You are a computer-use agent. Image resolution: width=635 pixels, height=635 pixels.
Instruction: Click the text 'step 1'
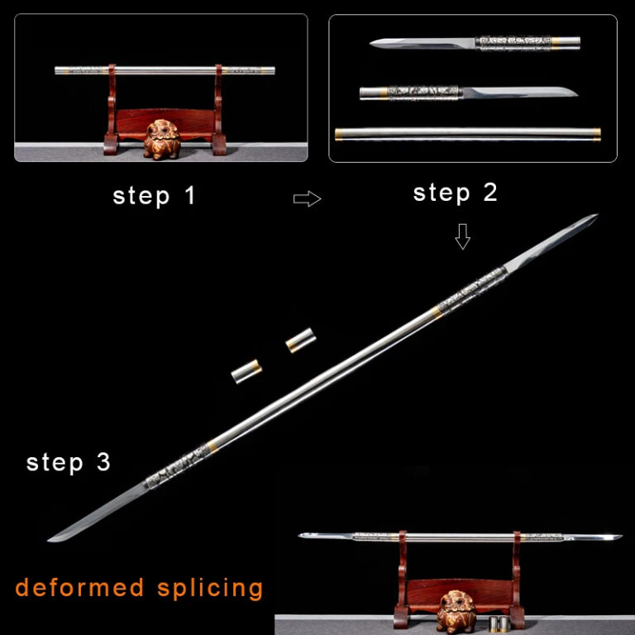(x=154, y=197)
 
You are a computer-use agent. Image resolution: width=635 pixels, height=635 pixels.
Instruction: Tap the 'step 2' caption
(x=455, y=193)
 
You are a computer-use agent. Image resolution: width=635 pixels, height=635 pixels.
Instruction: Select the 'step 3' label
(x=68, y=462)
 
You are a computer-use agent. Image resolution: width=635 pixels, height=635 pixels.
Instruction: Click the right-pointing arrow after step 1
(x=307, y=198)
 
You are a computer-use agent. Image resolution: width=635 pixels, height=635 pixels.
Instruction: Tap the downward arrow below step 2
(x=462, y=238)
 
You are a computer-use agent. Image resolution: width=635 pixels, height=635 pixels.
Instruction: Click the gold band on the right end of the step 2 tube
(x=598, y=133)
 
